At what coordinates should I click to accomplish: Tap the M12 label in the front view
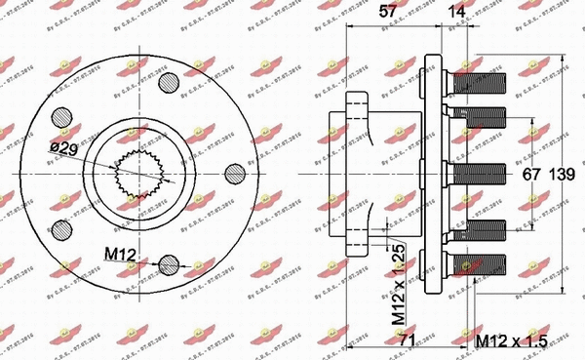tap(121, 255)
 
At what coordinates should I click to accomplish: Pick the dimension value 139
tap(564, 176)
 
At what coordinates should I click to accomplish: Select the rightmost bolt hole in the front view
tap(235, 173)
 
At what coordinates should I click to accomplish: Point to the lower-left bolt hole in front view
tap(63, 228)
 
